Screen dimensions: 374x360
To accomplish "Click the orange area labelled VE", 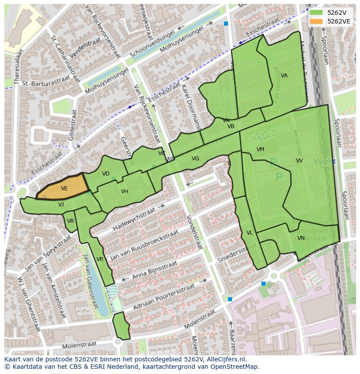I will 64,188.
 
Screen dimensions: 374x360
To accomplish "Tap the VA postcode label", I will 284,76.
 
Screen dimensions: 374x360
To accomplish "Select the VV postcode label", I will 299,161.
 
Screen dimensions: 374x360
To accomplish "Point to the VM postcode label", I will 260,149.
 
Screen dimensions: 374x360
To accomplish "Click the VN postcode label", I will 300,238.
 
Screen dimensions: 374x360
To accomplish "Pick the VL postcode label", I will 250,233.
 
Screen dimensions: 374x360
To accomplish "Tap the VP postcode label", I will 100,259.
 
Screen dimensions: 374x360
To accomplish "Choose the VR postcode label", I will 70,221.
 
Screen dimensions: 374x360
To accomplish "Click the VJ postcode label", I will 61,205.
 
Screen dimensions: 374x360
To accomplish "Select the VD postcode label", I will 106,174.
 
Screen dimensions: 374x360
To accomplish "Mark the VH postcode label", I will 124,192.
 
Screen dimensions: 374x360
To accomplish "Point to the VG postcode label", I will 195,159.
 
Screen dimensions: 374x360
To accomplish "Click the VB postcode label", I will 231,126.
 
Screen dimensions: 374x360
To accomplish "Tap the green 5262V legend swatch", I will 317,13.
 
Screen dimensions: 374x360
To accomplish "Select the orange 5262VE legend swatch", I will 317,21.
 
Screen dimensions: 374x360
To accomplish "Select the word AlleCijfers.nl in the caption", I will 226,359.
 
